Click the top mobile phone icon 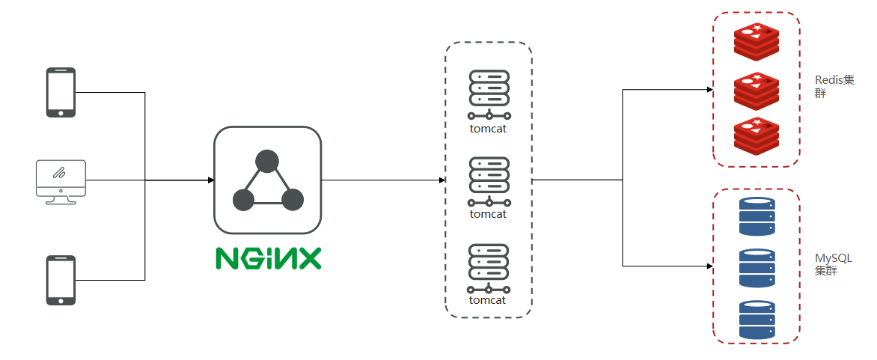[x=61, y=92]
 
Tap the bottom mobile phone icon [x=61, y=280]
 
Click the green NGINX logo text [x=268, y=257]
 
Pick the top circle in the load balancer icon [x=266, y=161]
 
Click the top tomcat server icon [x=489, y=94]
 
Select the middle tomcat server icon [x=489, y=181]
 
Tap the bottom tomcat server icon [x=489, y=268]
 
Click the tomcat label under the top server [x=488, y=127]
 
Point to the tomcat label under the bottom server [x=488, y=300]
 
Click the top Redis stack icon [x=756, y=42]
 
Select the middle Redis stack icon [x=756, y=90]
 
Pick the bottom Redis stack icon [x=756, y=136]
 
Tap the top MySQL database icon [x=757, y=216]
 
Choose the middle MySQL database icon [x=757, y=268]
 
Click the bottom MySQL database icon [x=757, y=320]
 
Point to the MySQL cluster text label [x=834, y=264]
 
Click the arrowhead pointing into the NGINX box [x=210, y=180]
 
